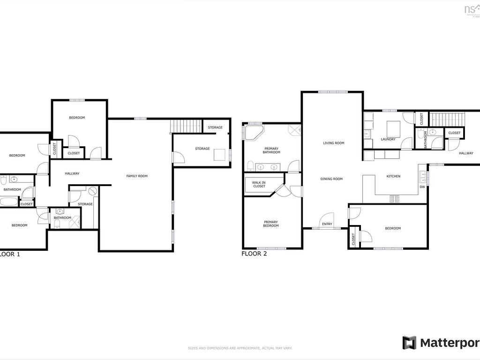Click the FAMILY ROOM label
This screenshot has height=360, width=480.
pos(137,176)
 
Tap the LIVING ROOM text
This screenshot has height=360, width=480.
pos(333,143)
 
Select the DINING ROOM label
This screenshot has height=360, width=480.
pos(331,179)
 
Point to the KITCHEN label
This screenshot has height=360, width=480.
pos(393,176)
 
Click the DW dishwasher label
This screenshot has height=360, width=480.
pos(422,187)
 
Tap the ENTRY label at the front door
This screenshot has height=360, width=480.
pos(327,224)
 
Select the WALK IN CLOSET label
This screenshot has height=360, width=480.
pos(259,184)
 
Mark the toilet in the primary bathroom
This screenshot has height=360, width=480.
pos(250,165)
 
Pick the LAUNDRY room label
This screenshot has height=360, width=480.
pos(388,139)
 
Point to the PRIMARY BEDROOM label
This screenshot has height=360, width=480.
pos(270,224)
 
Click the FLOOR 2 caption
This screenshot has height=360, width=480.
pos(254,254)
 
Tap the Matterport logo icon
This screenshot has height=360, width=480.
pos(409,343)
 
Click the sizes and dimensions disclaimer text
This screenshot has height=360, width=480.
pos(240,348)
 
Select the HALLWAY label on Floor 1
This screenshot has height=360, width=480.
pos(72,173)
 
